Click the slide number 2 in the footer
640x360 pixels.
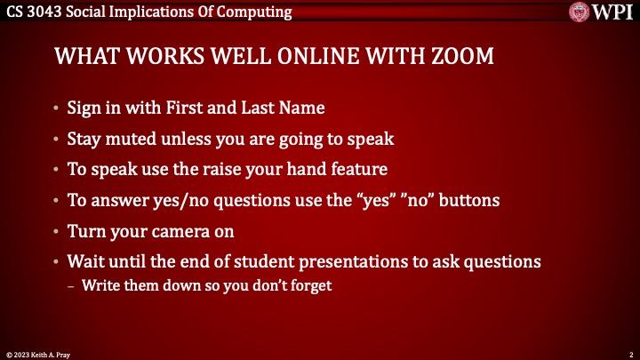coord(629,354)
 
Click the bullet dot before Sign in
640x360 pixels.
coord(57,108)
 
